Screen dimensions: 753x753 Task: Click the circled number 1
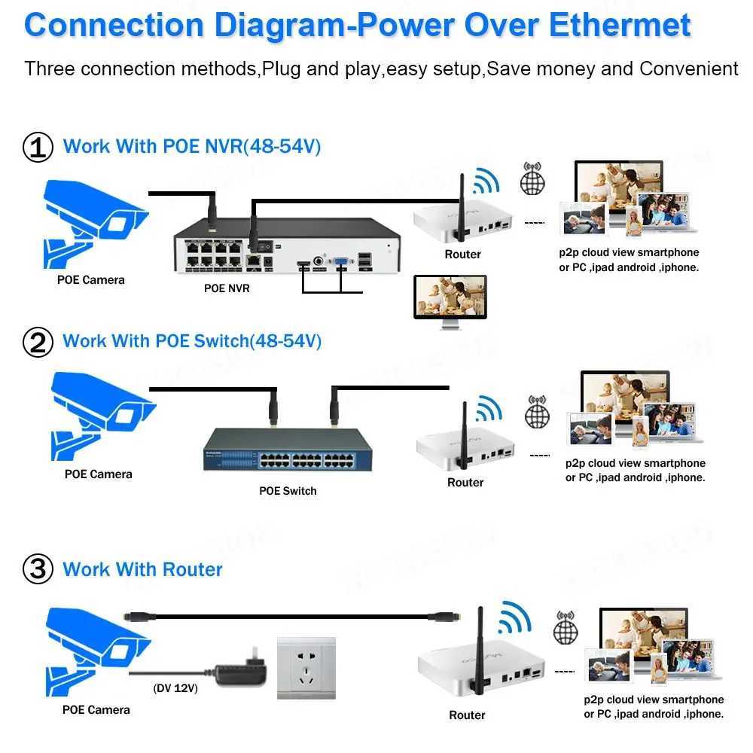point(38,147)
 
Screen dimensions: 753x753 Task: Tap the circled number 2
point(38,343)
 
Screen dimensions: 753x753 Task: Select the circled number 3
point(38,569)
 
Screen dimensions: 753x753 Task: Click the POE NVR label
point(227,288)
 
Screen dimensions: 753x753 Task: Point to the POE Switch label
point(288,491)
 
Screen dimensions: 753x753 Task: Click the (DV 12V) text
point(175,687)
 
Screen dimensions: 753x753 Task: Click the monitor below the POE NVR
point(450,300)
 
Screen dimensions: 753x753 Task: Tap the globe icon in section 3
point(566,630)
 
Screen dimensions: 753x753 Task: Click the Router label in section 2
point(465,482)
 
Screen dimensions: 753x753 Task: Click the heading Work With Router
point(142,569)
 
